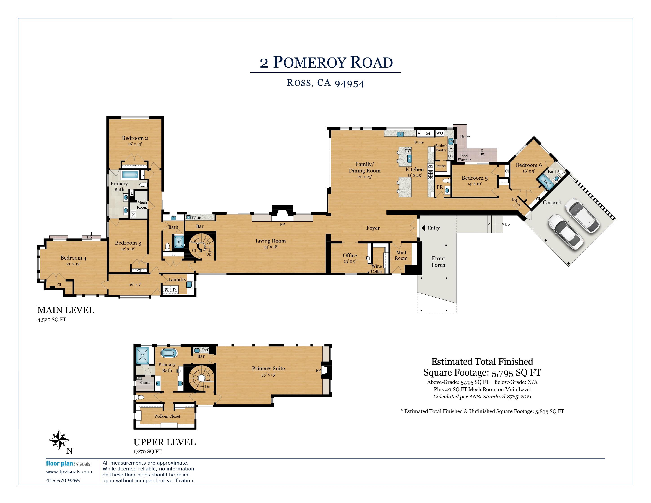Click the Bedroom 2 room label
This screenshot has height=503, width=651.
(x=135, y=138)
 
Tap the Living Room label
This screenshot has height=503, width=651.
(x=270, y=241)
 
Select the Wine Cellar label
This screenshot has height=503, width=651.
(x=376, y=269)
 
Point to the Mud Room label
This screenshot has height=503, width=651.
(x=401, y=255)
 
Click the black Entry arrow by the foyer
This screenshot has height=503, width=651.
(x=423, y=228)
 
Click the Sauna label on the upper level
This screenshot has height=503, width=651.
(x=145, y=382)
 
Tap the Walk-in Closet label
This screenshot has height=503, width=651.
(x=167, y=416)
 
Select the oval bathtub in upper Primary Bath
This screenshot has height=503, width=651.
(x=169, y=353)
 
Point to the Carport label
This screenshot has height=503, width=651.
(x=552, y=202)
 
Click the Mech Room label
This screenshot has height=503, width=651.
(x=142, y=205)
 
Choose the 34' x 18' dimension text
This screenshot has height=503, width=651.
(x=270, y=247)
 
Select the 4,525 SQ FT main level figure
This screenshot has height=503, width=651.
(x=52, y=320)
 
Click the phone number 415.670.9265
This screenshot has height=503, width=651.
(x=63, y=480)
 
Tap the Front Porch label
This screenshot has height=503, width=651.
(x=438, y=262)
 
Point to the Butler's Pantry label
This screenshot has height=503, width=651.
(x=441, y=148)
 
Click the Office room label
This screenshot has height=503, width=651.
(x=350, y=255)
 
